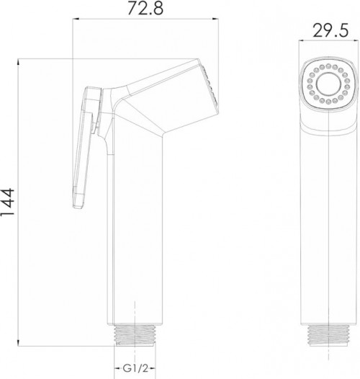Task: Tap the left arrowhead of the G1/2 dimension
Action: tap(114, 358)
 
